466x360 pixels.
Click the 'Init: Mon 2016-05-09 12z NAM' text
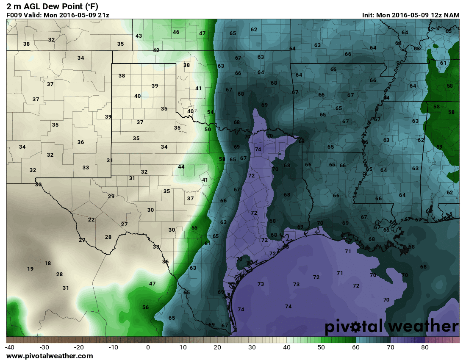411,15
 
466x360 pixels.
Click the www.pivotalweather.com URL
50,356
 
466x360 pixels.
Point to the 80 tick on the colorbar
425,347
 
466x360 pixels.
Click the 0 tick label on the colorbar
148,347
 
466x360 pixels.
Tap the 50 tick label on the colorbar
321,347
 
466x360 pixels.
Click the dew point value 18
47,263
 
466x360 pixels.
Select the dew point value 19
30,269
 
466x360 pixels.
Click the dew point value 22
91,219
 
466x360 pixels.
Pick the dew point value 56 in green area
145,307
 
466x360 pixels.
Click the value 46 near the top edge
176,32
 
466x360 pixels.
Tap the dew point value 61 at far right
443,63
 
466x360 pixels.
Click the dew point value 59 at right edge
439,147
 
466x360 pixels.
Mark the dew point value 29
111,196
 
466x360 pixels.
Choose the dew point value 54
211,112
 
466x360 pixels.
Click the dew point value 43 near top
139,36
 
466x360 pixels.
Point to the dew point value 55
194,228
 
